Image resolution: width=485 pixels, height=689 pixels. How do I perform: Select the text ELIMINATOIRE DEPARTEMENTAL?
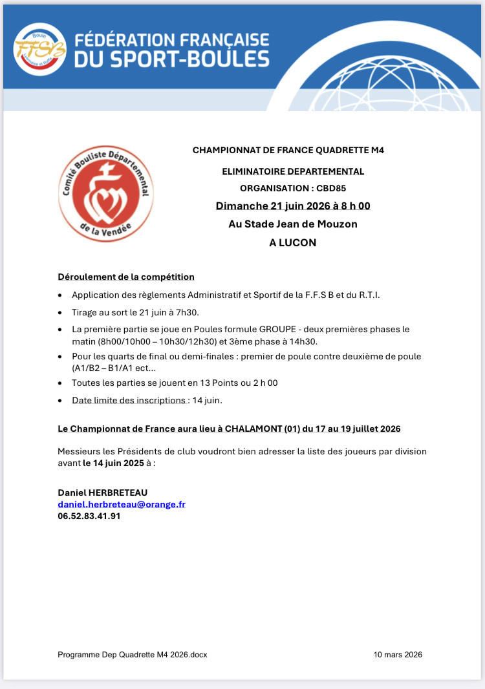pos(293,171)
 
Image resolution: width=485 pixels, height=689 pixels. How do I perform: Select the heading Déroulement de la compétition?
pos(126,277)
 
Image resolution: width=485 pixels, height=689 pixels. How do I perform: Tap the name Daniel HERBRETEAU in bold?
pos(102,493)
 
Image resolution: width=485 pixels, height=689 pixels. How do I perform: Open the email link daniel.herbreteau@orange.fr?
pos(122,504)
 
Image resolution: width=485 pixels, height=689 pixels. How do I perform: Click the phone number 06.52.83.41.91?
pos(89,516)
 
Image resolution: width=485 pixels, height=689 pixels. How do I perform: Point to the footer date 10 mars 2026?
pos(398,655)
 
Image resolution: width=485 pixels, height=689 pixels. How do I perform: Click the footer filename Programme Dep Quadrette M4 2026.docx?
pos(133,655)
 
